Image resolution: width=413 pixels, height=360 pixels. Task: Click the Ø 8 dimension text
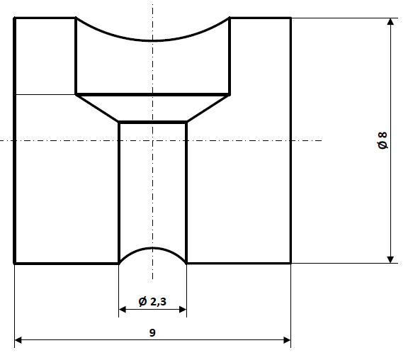pos(383,140)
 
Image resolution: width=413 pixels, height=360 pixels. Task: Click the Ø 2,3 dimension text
pos(152,302)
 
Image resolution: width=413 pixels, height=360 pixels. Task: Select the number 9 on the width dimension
pos(152,332)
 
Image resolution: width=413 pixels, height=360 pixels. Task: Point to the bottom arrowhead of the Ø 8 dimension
pos(390,258)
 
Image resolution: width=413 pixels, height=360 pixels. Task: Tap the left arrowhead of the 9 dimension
pos(19,341)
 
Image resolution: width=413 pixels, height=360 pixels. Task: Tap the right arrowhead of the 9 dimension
pos(286,341)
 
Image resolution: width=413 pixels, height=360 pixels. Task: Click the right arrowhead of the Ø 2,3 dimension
pos(182,310)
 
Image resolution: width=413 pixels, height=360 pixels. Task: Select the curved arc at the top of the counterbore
pos(152,40)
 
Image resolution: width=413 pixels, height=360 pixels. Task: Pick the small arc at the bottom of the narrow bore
pos(152,248)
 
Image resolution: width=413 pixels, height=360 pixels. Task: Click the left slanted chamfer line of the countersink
pos(97,108)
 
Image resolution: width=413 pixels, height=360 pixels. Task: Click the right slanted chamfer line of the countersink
pos(208,108)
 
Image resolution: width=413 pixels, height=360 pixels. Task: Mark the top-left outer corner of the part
pos(15,18)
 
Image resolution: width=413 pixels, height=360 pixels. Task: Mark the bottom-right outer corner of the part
pos(290,263)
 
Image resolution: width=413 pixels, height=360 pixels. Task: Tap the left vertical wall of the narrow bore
pos(118,191)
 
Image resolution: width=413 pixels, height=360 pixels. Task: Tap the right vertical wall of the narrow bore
pos(186,191)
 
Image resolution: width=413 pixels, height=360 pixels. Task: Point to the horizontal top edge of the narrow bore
pos(152,123)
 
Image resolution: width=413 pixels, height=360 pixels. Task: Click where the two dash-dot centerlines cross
pos(152,140)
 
